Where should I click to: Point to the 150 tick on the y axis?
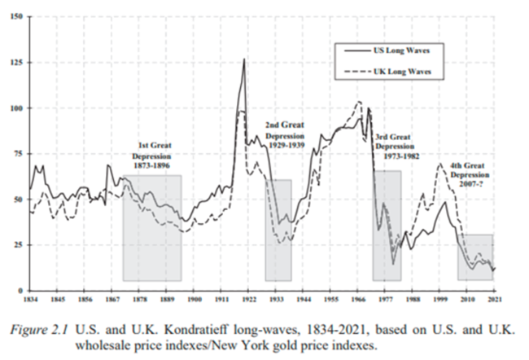point(19,17)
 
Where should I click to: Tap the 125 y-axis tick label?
point(19,63)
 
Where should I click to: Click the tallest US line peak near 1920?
point(244,59)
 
